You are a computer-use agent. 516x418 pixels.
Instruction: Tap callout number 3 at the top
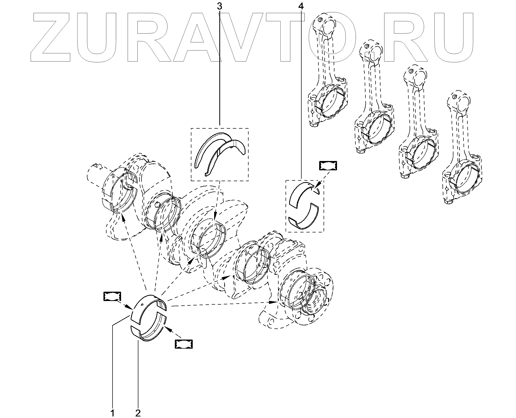(219, 6)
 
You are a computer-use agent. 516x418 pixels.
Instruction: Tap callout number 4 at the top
(301, 6)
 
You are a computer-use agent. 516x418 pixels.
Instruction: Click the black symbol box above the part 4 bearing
(328, 166)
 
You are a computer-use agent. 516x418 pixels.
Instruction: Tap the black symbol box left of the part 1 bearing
(112, 296)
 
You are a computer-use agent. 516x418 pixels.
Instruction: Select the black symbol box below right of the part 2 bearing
(184, 344)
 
